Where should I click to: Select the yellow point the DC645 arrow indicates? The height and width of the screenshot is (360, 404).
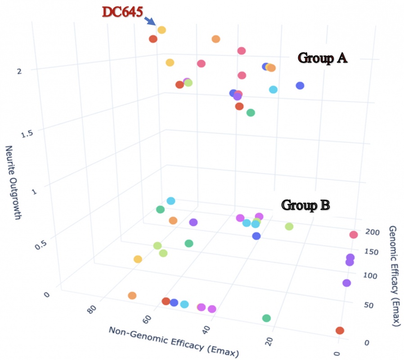(162, 30)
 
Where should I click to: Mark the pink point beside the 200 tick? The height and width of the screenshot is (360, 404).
(354, 234)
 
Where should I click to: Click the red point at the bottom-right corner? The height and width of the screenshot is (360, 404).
(340, 331)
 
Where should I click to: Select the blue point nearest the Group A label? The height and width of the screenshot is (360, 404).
(300, 85)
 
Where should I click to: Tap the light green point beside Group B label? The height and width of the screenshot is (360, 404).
(289, 226)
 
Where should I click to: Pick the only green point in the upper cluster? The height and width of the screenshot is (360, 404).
(251, 112)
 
